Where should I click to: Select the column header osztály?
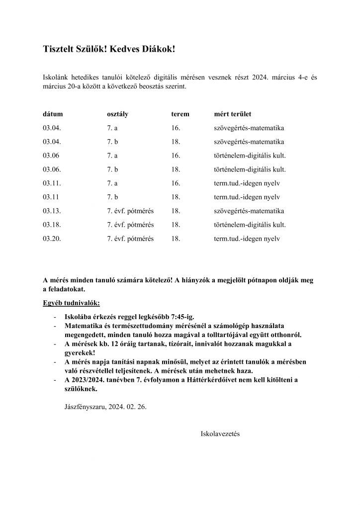(x=118, y=114)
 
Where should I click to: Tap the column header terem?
(x=180, y=114)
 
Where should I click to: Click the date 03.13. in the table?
(x=52, y=211)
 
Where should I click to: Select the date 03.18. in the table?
(x=52, y=225)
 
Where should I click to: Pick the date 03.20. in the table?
(x=52, y=239)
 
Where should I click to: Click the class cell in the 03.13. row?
(x=130, y=211)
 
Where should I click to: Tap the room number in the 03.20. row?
(x=175, y=239)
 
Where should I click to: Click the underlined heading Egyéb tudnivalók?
(x=71, y=303)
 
